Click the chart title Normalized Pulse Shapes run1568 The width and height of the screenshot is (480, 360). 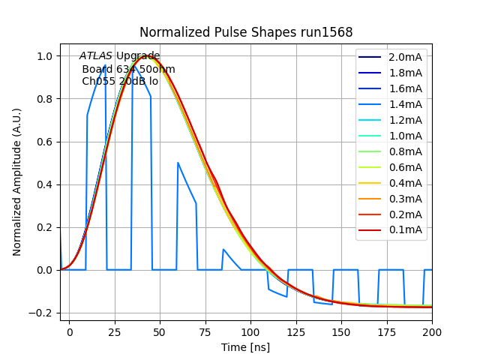point(246,32)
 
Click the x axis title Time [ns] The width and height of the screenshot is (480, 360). point(245,347)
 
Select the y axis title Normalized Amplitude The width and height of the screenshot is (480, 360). point(17,182)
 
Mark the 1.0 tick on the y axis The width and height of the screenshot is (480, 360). point(44,56)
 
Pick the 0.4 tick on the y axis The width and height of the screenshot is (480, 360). point(44,184)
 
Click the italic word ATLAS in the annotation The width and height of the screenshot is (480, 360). point(96,56)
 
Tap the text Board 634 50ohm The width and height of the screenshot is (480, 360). point(128,70)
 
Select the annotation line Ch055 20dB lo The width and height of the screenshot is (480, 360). point(120,82)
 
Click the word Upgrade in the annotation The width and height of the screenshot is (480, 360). point(138,56)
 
